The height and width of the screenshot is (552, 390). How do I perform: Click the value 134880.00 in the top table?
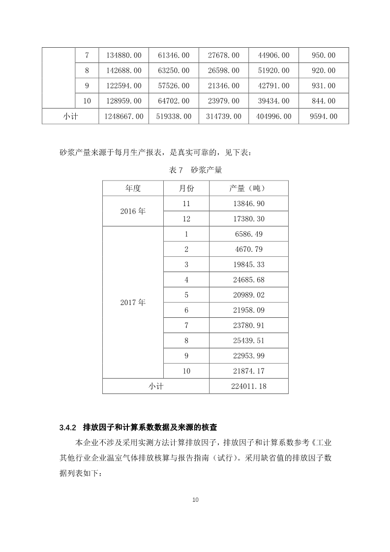click(124, 55)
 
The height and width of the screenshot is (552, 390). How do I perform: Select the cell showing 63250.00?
click(174, 70)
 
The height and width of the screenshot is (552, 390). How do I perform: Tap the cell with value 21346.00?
click(224, 86)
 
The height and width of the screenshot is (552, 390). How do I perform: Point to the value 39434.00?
click(273, 101)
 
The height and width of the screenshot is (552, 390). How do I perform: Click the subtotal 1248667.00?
click(124, 117)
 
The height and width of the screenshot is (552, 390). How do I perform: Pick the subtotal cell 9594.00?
click(324, 117)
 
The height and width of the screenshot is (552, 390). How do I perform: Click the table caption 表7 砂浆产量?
click(195, 170)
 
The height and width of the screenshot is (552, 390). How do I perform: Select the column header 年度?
click(133, 188)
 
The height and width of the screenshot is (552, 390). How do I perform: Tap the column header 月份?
click(186, 188)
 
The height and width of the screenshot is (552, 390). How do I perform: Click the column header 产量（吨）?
click(249, 188)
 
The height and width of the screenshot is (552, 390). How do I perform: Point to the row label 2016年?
click(133, 211)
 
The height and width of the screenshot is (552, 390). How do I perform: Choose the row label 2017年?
click(133, 302)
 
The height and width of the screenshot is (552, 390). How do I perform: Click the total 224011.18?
click(249, 386)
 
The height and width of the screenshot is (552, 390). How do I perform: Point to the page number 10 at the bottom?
click(195, 500)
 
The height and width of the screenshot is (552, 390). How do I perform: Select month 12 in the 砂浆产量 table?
click(186, 219)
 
